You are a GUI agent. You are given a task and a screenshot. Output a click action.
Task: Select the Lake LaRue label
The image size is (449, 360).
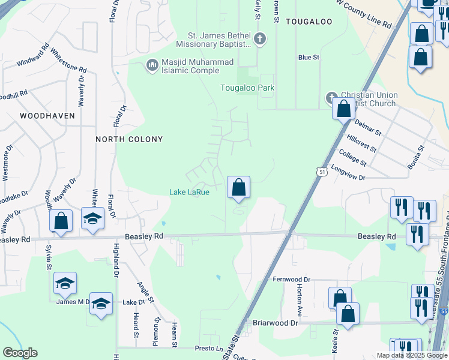pos(189,192)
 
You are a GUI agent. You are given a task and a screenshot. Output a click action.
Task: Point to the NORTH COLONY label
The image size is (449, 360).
pos(130,139)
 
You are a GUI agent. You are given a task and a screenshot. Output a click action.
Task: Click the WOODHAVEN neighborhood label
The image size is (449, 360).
pos(47,115)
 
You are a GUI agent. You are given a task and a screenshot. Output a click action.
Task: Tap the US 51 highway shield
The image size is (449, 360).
pos(323,171)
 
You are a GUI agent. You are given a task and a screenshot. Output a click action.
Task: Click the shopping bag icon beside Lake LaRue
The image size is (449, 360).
pos(238,187)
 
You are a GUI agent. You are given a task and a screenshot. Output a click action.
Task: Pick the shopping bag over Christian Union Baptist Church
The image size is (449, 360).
pos(344,109)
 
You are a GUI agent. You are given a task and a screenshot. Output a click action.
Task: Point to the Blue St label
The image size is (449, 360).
pos(309,58)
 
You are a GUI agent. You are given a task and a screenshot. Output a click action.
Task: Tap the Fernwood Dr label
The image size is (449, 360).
pos(292,280)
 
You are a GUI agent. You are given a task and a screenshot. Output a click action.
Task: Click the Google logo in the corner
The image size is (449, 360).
pos(20,353)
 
